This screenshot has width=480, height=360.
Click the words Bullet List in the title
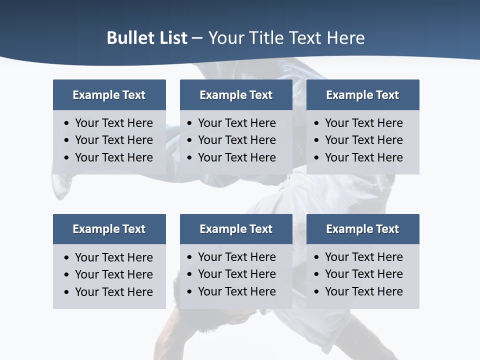point(147,38)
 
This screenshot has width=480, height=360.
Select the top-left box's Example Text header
point(109,95)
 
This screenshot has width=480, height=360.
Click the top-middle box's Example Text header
point(236,95)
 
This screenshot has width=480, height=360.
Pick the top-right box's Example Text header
point(362,95)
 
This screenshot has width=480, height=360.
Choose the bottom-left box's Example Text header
point(109,229)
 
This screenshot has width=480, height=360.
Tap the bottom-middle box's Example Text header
point(236,229)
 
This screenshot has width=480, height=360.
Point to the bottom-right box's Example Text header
point(362,229)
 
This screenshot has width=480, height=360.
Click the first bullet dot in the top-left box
point(67,123)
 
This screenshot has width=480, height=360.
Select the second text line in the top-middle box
point(236,140)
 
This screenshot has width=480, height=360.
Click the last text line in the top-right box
point(363,157)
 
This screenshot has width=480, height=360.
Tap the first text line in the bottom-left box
point(113,257)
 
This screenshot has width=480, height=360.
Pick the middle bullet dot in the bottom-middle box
point(190,274)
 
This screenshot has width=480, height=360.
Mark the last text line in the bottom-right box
point(363,291)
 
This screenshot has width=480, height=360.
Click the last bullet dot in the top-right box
point(317,158)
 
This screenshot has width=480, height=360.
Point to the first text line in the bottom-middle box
point(236,257)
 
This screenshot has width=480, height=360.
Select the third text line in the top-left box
point(113,157)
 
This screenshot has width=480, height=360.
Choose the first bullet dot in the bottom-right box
point(317,257)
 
